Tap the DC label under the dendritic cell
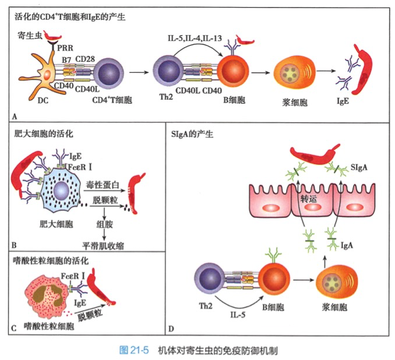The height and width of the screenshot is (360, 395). click(43, 101)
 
